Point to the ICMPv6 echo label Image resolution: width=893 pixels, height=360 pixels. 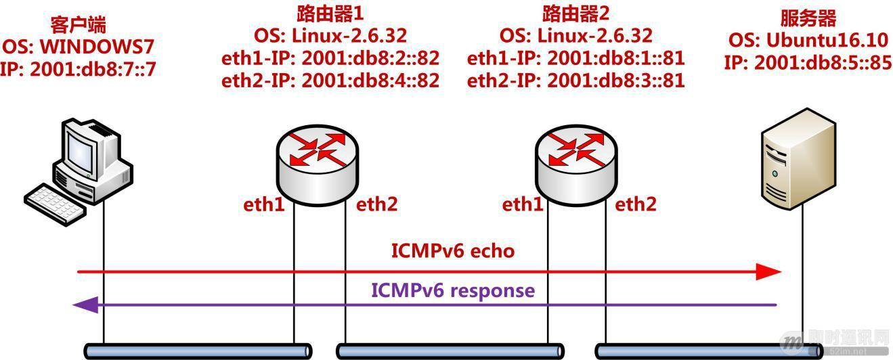coord(453,251)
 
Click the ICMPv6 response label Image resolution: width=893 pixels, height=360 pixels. coord(453,291)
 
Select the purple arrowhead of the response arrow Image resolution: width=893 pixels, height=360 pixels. coord(86,305)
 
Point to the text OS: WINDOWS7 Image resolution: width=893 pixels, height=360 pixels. coord(80,47)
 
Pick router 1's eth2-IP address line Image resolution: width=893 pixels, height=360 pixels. coord(330,81)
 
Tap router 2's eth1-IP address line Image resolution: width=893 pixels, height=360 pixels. coord(575,58)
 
